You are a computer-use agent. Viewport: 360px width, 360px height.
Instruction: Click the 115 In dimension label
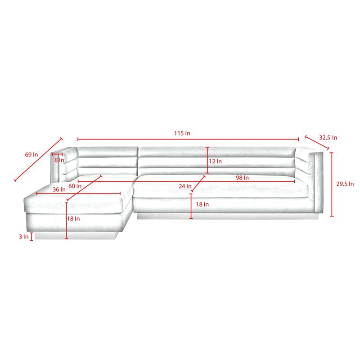pyautogui.click(x=182, y=133)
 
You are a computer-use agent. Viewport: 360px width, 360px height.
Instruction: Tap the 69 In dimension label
pyautogui.click(x=31, y=154)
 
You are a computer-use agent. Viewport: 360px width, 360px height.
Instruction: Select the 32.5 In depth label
pyautogui.click(x=328, y=138)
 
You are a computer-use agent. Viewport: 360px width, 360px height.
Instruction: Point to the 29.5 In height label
pyautogui.click(x=345, y=184)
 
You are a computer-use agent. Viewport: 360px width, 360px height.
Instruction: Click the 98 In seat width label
pyautogui.click(x=242, y=177)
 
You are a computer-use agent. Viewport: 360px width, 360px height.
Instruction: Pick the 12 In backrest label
pyautogui.click(x=216, y=161)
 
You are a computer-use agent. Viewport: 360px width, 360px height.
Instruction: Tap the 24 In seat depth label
pyautogui.click(x=185, y=186)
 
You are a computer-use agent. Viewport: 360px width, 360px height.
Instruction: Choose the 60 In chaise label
pyautogui.click(x=75, y=186)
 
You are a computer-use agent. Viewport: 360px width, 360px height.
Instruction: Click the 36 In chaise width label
pyautogui.click(x=59, y=189)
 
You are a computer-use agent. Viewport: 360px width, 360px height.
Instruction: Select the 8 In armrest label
pyautogui.click(x=59, y=160)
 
